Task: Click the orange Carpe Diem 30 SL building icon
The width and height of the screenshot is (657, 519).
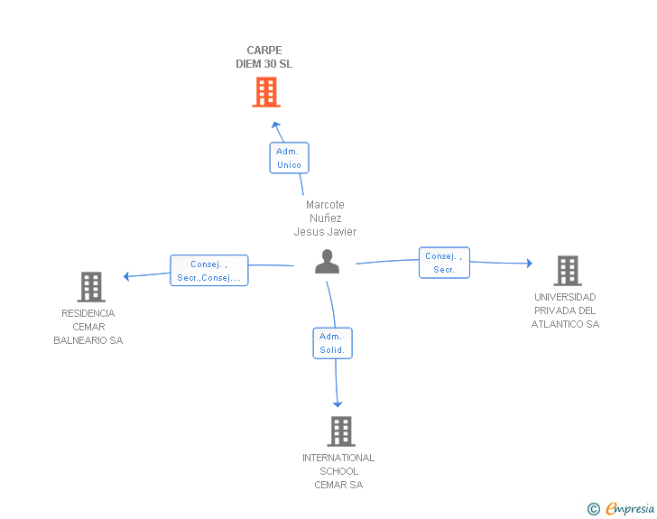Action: [266, 92]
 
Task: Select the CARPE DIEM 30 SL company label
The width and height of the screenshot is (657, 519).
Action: [264, 57]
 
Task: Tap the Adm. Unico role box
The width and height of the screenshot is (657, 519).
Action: [289, 158]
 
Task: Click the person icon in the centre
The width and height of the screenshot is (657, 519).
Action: [327, 262]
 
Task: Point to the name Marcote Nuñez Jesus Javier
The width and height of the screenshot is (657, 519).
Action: [325, 218]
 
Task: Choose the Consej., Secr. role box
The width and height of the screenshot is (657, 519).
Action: [444, 263]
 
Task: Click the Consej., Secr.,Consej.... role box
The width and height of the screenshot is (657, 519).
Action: [209, 271]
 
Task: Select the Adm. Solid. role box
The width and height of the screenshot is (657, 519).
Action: [333, 343]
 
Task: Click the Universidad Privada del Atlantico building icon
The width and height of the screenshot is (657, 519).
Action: [568, 271]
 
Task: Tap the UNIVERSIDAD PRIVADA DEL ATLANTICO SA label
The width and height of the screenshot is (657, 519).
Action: [565, 310]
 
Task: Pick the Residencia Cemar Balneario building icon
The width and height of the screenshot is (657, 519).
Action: [91, 287]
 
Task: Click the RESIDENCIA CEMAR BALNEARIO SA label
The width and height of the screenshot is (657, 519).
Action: [88, 327]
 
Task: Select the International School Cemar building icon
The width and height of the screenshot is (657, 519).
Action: [341, 431]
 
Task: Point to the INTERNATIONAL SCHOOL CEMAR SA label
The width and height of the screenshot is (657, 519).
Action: [338, 471]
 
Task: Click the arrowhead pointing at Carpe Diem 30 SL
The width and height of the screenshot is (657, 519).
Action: [275, 125]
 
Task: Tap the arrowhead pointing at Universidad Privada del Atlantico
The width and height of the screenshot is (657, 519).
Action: [530, 264]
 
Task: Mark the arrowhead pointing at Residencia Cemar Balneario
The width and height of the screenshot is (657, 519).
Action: [126, 276]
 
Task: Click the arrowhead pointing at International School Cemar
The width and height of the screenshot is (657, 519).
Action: [338, 404]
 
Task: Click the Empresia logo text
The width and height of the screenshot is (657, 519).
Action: [630, 508]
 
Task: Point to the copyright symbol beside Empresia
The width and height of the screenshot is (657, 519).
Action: [594, 509]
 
